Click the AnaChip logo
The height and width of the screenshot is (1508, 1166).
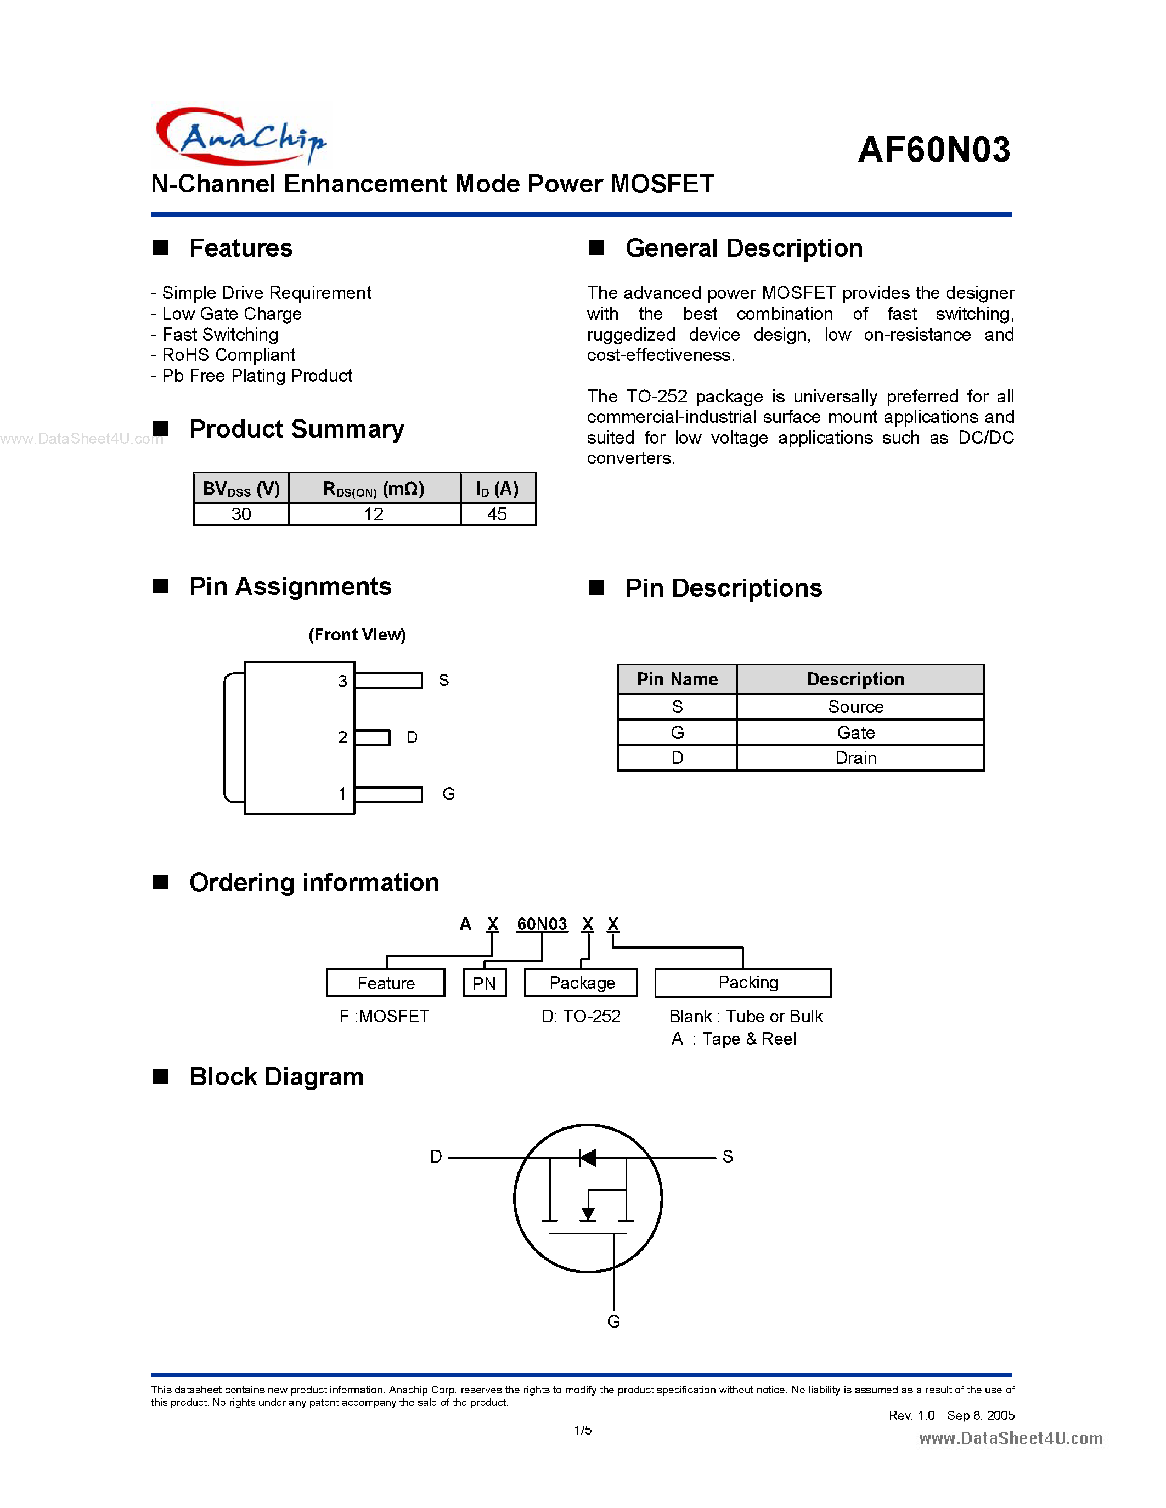click(x=240, y=136)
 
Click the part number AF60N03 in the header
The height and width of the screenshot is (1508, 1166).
click(x=934, y=150)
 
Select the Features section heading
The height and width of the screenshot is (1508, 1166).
click(x=240, y=248)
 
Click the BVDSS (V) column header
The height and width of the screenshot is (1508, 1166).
click(x=241, y=489)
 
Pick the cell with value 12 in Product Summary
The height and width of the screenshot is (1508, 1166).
click(x=374, y=514)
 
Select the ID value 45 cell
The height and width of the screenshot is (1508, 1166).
click(x=497, y=514)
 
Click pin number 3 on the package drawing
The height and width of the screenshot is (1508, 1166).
click(x=342, y=682)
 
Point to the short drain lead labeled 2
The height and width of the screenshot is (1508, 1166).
click(x=373, y=738)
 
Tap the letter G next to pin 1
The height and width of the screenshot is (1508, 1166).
click(x=448, y=794)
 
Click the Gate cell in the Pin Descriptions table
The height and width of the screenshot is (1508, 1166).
click(x=855, y=733)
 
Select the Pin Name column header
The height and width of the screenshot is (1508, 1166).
click(x=677, y=679)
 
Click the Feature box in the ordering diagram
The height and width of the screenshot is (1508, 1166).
click(x=385, y=983)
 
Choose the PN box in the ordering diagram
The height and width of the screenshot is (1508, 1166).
click(x=484, y=983)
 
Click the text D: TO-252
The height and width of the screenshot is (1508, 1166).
click(x=581, y=1016)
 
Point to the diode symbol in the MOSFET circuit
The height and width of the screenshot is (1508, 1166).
click(x=588, y=1158)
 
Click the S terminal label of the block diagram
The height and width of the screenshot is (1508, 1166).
click(x=728, y=1156)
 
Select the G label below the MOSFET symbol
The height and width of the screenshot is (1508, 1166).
click(x=613, y=1322)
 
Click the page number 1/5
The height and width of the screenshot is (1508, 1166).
click(x=582, y=1431)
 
